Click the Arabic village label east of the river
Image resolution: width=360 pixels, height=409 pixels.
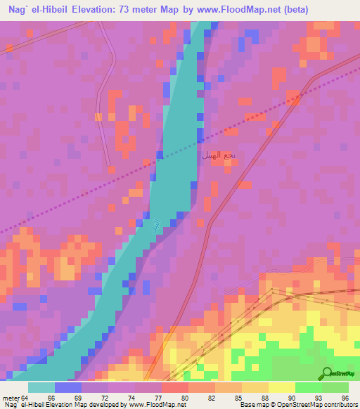coord(219,154)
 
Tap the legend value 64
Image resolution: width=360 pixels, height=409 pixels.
coord(25,398)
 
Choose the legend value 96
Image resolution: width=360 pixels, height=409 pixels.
coord(345,398)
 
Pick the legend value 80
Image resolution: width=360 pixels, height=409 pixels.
coord(185,398)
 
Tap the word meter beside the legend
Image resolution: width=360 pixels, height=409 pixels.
coord(10,398)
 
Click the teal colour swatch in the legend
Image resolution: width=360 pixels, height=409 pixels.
coord(41,387)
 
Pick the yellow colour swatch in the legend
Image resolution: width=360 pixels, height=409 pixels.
coord(281,387)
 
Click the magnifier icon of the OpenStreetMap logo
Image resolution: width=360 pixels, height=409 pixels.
coord(326,373)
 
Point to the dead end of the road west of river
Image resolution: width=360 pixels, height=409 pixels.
coord(110,167)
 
